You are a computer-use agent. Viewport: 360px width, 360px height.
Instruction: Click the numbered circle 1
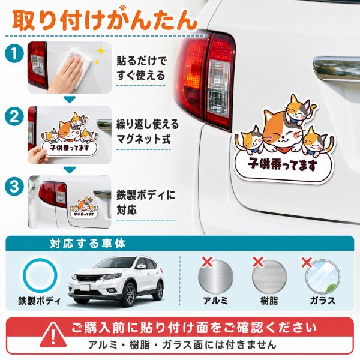14,53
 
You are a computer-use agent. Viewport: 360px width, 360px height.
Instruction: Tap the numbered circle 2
14,116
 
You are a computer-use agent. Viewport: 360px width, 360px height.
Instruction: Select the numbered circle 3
14,186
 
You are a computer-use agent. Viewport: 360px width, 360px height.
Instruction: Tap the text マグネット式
144,139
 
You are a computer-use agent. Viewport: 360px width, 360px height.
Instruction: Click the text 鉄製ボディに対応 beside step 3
146,202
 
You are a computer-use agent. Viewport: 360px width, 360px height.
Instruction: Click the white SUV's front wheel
130,295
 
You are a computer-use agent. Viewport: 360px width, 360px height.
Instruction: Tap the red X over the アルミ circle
207,262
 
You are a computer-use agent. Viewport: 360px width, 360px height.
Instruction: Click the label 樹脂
269,301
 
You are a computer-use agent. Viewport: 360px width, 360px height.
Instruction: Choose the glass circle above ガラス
323,277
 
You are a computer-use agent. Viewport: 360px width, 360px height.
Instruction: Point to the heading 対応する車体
88,244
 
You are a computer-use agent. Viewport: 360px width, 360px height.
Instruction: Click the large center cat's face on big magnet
282,134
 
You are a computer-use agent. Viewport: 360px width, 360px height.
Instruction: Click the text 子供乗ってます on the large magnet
283,164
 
